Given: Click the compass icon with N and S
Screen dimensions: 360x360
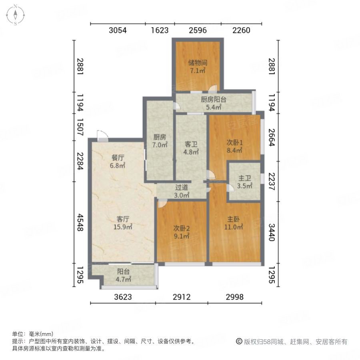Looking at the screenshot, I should point(15,15).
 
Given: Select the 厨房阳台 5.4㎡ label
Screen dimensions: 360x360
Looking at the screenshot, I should point(213,104).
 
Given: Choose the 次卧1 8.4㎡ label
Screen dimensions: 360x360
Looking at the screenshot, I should point(235,146).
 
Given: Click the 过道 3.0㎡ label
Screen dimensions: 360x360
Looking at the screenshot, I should point(182,191).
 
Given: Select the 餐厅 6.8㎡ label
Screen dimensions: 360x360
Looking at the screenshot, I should point(118,161).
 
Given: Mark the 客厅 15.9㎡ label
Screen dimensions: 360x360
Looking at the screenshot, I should point(124,223).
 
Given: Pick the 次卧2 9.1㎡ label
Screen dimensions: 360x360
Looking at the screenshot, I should point(181,232).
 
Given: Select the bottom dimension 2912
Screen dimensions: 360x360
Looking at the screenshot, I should point(182,297).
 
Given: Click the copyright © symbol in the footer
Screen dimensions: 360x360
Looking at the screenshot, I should point(240,342).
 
